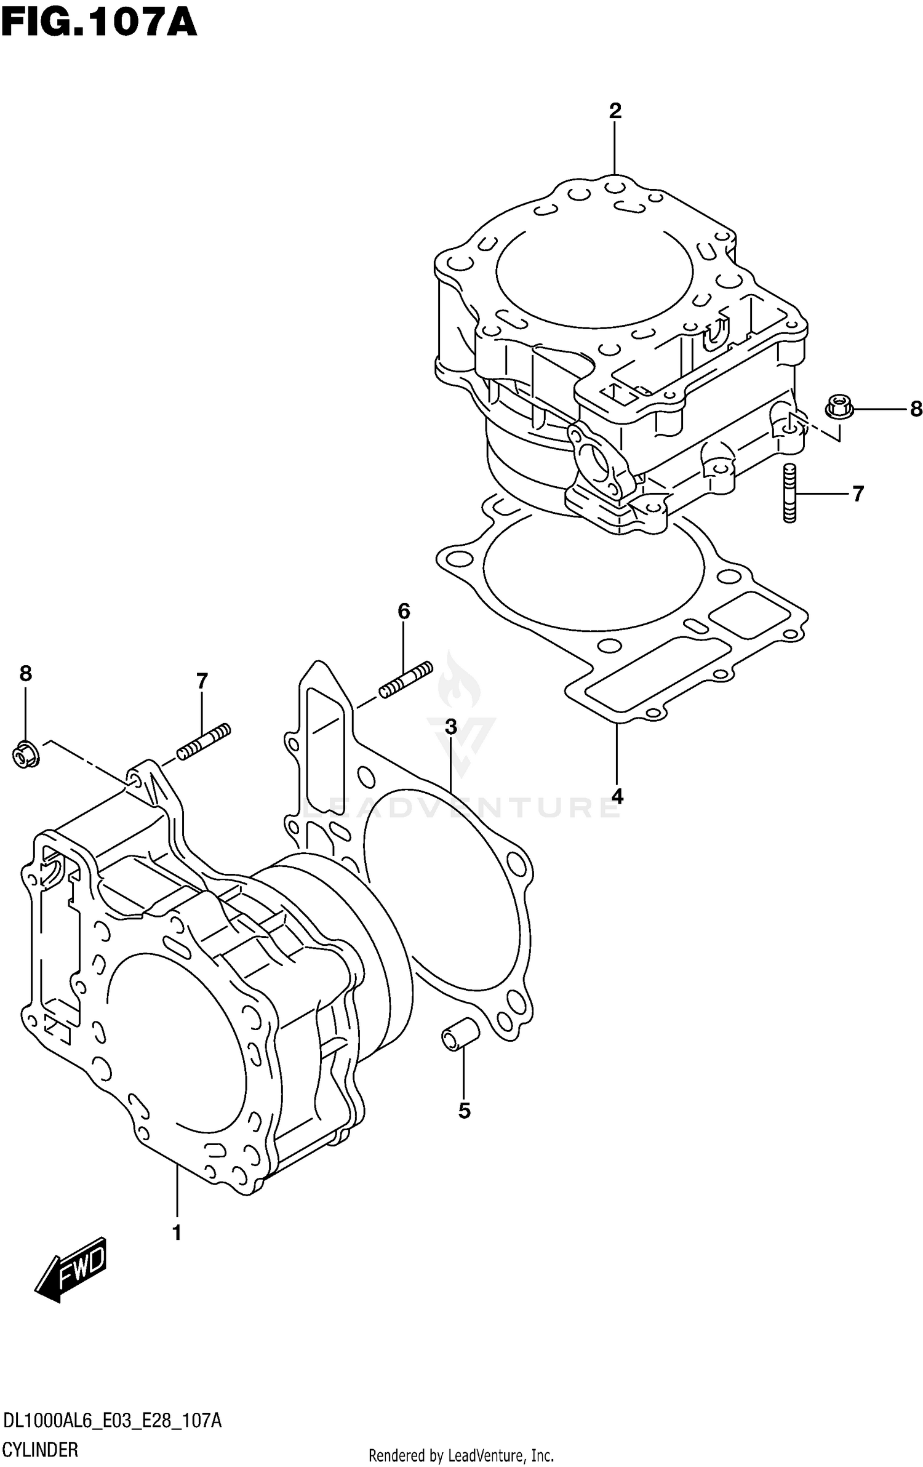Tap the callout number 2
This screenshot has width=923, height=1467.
tap(615, 111)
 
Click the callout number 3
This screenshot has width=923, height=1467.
tap(451, 727)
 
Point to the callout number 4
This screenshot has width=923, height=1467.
tap(617, 796)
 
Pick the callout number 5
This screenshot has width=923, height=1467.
tap(464, 1110)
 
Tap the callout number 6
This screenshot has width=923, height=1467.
tap(403, 611)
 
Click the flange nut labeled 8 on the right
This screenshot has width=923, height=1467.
tap(838, 408)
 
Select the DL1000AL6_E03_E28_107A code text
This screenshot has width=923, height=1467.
tap(111, 1417)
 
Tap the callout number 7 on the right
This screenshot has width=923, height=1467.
tap(858, 494)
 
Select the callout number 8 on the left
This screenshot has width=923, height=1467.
tap(25, 674)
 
